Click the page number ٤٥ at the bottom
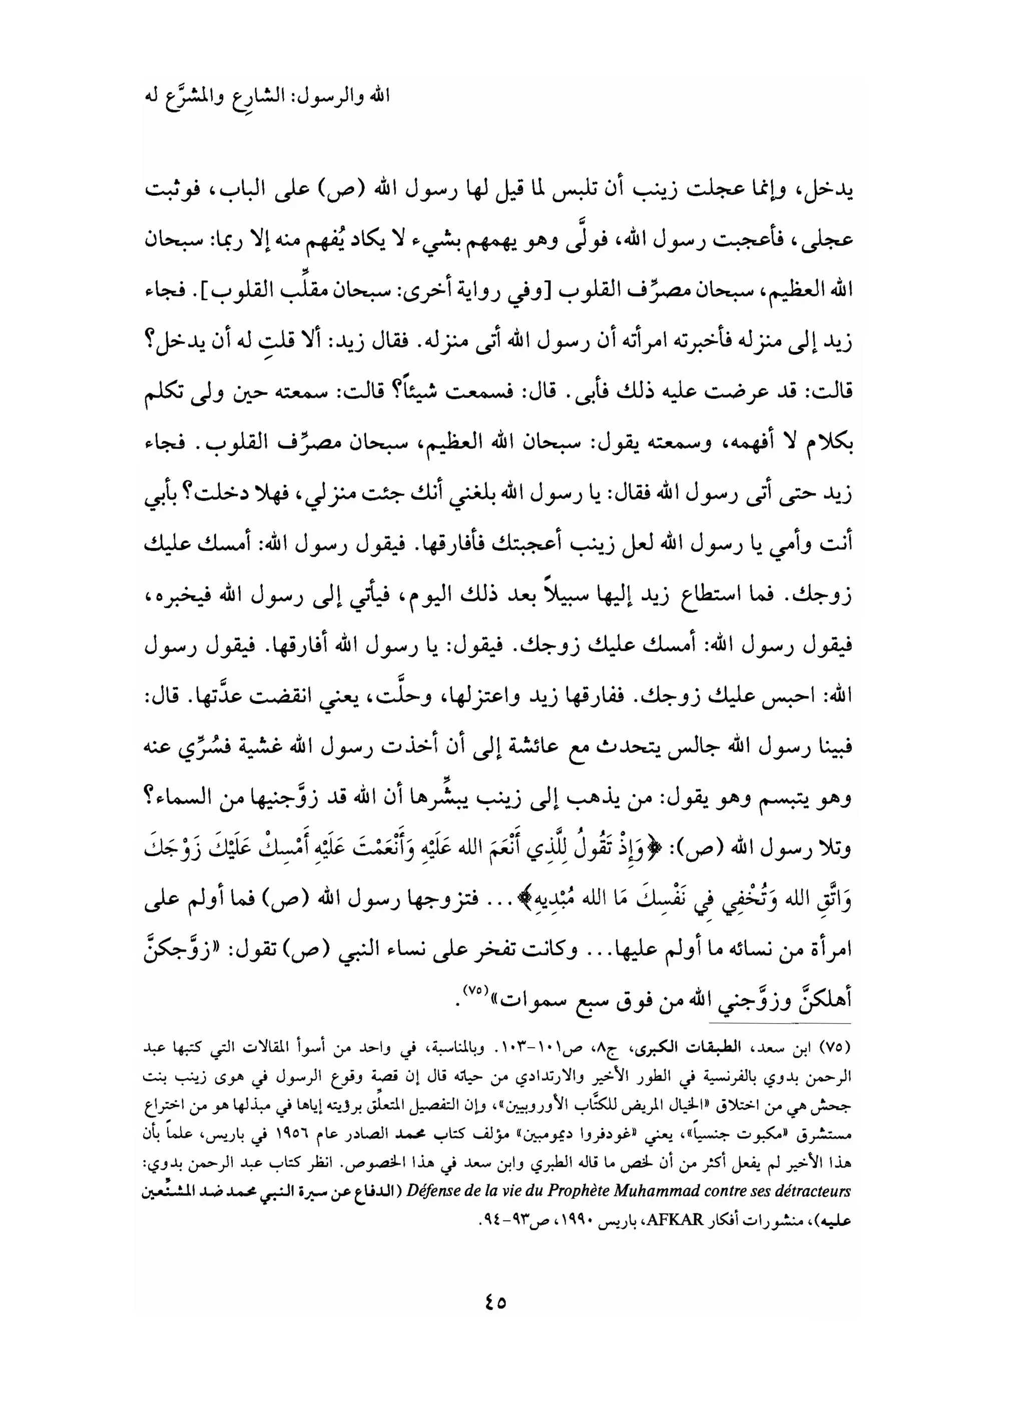(x=494, y=1302)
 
